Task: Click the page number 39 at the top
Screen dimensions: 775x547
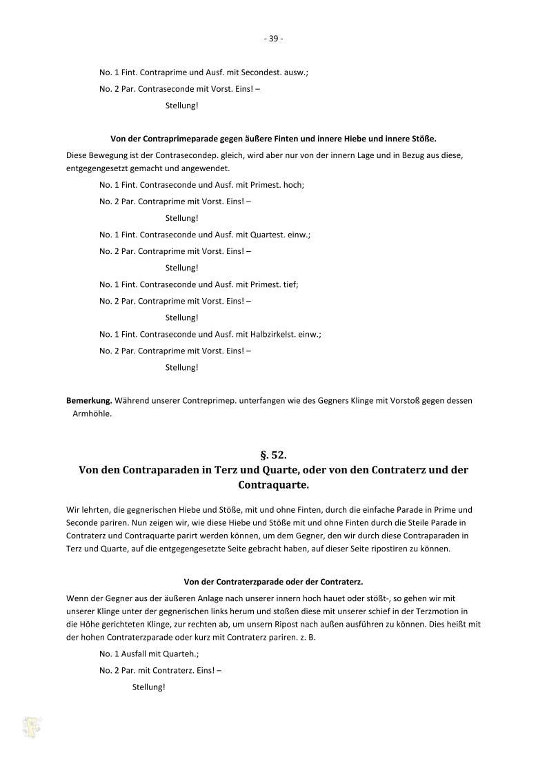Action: click(x=273, y=39)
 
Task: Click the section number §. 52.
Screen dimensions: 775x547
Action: click(x=273, y=455)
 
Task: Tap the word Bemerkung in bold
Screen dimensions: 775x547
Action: click(x=89, y=400)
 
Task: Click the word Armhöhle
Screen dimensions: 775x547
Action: click(x=92, y=414)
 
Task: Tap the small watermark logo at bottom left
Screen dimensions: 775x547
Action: click(x=31, y=727)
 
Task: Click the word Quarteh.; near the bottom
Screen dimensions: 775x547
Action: click(x=180, y=654)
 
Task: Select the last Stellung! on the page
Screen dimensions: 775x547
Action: click(x=148, y=687)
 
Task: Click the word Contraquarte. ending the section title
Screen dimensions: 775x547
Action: click(x=273, y=485)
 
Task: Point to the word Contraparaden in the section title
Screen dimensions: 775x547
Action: click(x=156, y=470)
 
